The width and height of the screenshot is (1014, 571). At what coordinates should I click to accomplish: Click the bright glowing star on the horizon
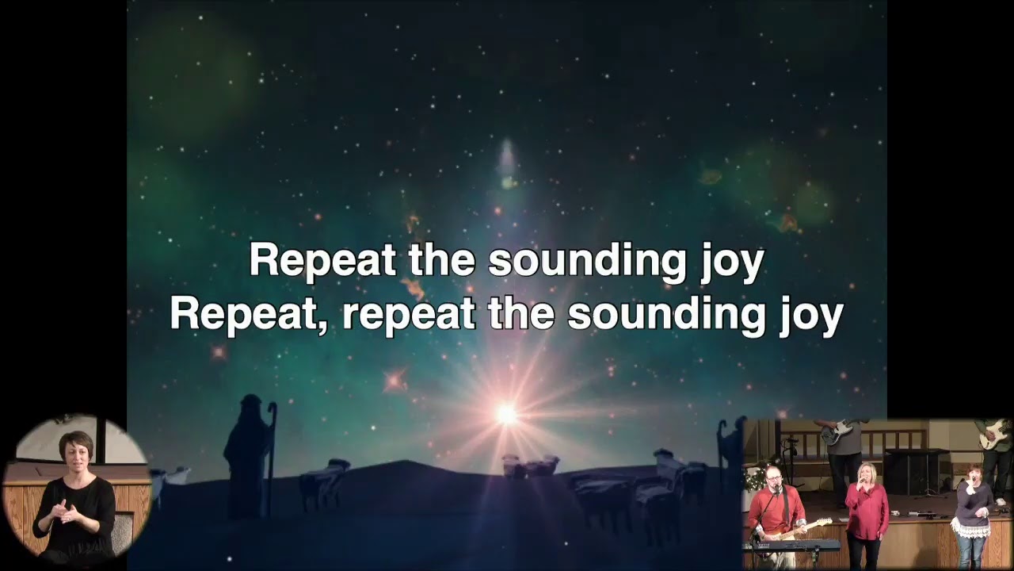tap(506, 413)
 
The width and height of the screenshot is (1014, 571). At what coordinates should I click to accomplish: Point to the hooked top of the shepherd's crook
tap(272, 409)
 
